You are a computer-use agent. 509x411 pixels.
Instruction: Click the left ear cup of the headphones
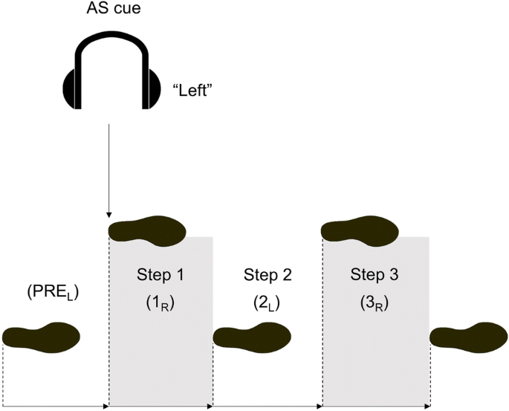pyautogui.click(x=70, y=88)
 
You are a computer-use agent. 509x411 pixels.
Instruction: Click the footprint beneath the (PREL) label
pyautogui.click(x=42, y=337)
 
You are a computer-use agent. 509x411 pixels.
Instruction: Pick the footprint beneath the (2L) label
pyautogui.click(x=252, y=337)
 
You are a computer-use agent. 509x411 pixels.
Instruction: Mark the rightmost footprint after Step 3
pyautogui.click(x=468, y=337)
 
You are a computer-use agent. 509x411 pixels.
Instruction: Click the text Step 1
pyautogui.click(x=161, y=275)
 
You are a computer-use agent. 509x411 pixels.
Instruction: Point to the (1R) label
pyautogui.click(x=161, y=305)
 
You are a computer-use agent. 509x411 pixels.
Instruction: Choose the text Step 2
pyautogui.click(x=268, y=275)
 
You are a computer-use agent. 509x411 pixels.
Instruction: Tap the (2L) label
pyautogui.click(x=268, y=305)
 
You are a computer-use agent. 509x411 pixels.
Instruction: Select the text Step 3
pyautogui.click(x=375, y=275)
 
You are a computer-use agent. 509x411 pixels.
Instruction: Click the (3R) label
pyautogui.click(x=375, y=305)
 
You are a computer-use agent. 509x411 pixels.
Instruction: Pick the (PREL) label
pyautogui.click(x=53, y=292)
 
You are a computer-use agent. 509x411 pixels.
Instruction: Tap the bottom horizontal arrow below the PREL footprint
pyautogui.click(x=56, y=407)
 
